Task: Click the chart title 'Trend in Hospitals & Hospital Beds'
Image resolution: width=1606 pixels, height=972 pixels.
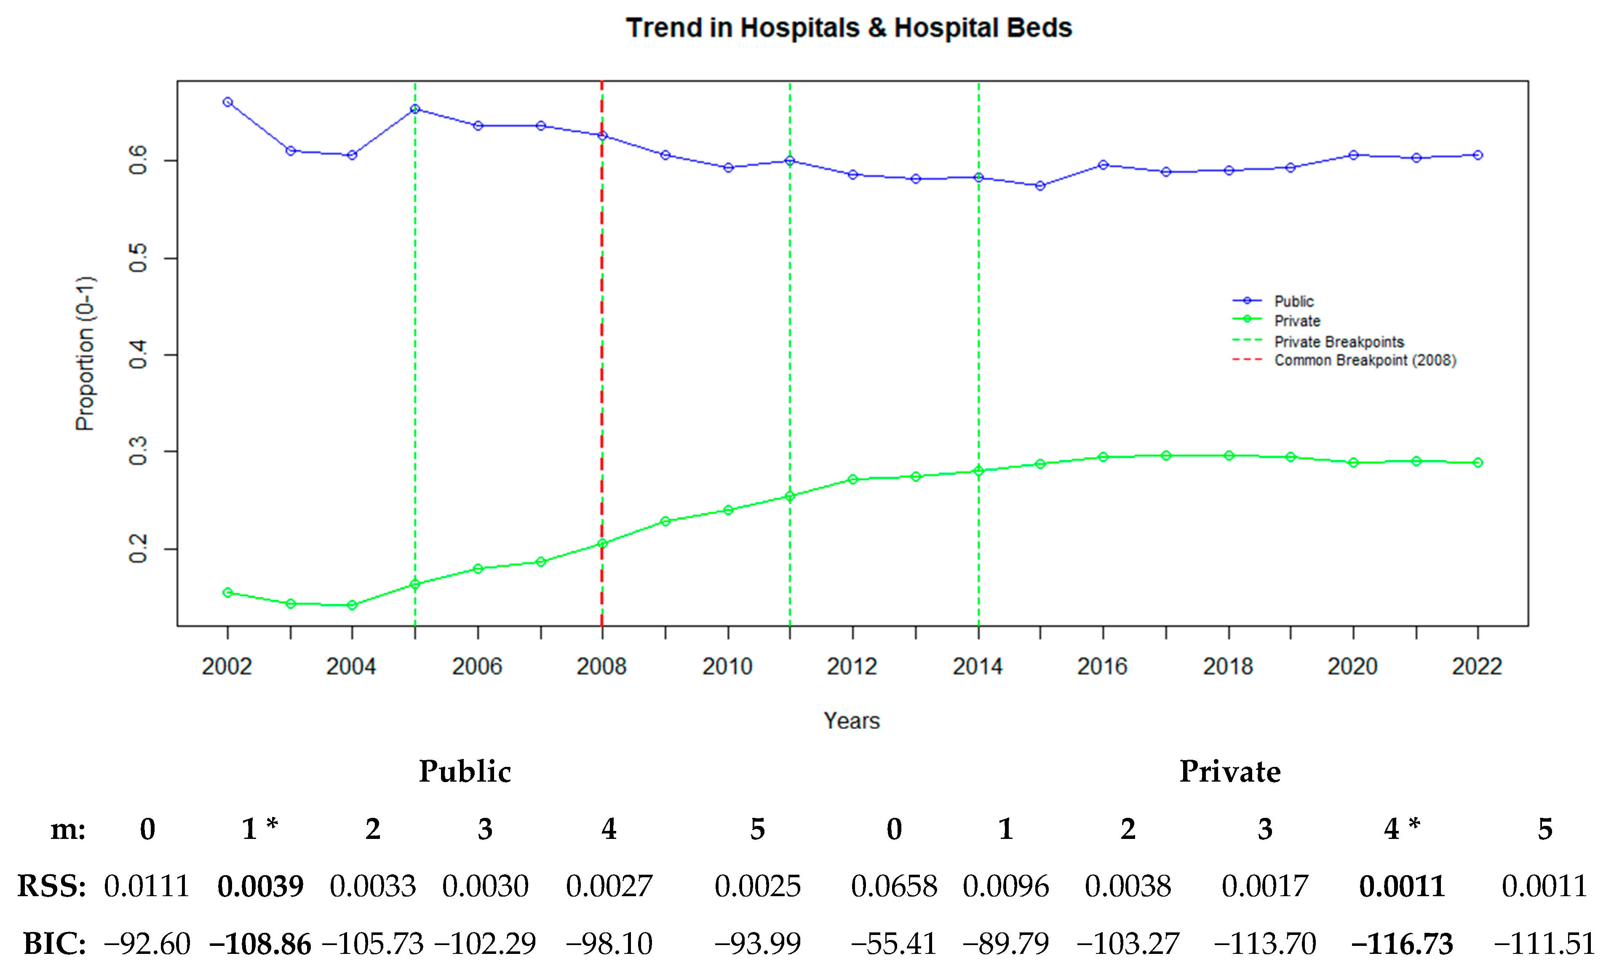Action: [849, 28]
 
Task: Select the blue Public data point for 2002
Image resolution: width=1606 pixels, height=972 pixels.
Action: [227, 102]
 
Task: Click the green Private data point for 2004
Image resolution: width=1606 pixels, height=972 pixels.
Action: [352, 606]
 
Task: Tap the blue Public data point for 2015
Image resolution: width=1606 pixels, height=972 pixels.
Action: [1040, 186]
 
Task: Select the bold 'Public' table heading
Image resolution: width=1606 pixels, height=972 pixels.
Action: [465, 771]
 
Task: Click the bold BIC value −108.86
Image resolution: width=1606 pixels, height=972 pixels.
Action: [260, 944]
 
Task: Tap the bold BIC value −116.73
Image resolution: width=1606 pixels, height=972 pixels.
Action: [1402, 944]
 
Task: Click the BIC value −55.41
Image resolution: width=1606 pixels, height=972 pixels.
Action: [894, 944]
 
